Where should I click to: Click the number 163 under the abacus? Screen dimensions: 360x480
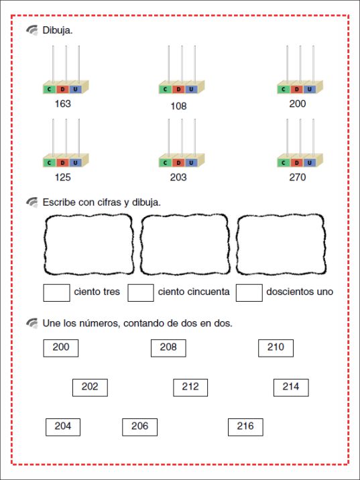click(x=63, y=104)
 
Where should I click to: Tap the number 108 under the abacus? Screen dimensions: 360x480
click(x=178, y=106)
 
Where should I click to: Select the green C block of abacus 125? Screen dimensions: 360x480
click(x=49, y=163)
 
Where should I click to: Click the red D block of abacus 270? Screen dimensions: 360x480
click(x=296, y=163)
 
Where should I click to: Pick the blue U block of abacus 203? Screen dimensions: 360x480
click(x=191, y=163)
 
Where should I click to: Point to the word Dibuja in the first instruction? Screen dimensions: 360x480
click(x=57, y=31)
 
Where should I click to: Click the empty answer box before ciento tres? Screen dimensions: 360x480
click(x=56, y=293)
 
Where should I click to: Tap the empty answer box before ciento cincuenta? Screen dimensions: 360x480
click(x=141, y=293)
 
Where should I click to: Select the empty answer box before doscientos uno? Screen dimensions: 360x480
click(x=249, y=293)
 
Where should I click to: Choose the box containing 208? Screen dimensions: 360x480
click(x=168, y=348)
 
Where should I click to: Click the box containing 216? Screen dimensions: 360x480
click(x=245, y=427)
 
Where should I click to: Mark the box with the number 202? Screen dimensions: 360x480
click(x=90, y=387)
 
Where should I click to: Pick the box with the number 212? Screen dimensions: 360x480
click(x=190, y=387)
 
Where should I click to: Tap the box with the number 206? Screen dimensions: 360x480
click(x=140, y=427)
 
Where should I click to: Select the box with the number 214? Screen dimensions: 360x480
click(x=291, y=387)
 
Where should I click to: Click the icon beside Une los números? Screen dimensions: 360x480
click(x=32, y=323)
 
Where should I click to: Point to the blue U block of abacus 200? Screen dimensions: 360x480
click(x=310, y=89)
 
